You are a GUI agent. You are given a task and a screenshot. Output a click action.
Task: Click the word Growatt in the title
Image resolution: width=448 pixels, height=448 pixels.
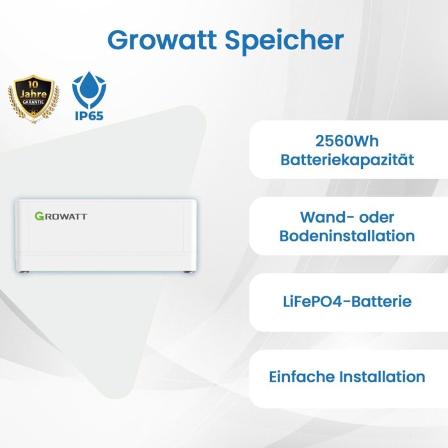(x=162, y=40)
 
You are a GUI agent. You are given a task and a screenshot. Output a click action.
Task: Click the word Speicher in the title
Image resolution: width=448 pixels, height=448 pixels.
(x=284, y=42)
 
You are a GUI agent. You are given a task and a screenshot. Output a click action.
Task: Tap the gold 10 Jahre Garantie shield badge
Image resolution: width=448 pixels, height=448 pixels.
(x=33, y=99)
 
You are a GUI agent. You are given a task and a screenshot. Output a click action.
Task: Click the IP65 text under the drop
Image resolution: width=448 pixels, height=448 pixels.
(x=89, y=116)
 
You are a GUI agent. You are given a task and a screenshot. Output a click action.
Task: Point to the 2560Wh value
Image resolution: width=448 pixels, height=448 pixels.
(x=347, y=141)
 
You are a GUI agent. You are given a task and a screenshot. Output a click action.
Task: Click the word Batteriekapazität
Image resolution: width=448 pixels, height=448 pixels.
(x=347, y=160)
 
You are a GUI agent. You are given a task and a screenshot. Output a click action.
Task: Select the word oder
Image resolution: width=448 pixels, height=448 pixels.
(x=376, y=218)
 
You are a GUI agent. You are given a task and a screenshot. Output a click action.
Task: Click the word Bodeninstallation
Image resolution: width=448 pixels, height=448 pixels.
(x=347, y=236)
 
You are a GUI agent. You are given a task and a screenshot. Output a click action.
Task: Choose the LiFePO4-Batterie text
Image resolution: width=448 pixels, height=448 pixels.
(x=347, y=301)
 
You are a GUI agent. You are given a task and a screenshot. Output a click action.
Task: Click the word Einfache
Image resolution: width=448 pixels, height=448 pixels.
(x=301, y=376)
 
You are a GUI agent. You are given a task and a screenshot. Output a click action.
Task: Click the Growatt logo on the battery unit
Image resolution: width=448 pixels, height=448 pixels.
(x=61, y=216)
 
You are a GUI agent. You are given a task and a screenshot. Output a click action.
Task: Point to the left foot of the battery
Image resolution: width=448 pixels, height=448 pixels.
(x=24, y=272)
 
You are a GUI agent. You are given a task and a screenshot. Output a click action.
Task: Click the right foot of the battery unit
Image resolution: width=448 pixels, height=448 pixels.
(x=188, y=272)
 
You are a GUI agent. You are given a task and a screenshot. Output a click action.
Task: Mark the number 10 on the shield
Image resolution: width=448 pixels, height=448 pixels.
(x=33, y=84)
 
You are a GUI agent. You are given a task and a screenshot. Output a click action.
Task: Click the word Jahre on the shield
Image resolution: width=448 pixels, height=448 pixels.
(x=33, y=93)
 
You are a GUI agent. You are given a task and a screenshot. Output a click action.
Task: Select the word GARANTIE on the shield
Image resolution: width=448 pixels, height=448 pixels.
(x=33, y=102)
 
